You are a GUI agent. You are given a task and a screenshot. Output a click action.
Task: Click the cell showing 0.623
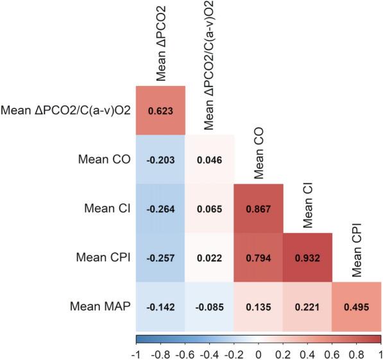coord(160,110)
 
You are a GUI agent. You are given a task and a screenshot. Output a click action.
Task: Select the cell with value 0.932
coord(307,257)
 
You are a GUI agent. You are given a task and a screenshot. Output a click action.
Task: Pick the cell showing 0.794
coord(258,257)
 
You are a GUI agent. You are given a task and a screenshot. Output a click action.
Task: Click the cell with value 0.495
coord(357,306)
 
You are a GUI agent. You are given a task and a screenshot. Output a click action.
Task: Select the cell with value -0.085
coord(209,306)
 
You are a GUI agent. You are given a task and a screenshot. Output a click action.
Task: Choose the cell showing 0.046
coord(209,159)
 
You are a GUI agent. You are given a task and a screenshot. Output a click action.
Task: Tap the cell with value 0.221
coord(307,306)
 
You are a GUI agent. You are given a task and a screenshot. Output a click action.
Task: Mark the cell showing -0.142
coord(160,306)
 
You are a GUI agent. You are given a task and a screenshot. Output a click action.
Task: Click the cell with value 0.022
coord(209,257)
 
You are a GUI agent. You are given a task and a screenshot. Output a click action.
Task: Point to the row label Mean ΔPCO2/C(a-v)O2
coord(66,110)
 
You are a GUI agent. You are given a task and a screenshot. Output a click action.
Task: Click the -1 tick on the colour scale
coord(137,353)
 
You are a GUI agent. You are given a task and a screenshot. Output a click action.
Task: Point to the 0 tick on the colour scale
coord(259,353)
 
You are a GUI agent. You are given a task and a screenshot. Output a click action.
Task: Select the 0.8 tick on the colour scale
coord(356,353)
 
